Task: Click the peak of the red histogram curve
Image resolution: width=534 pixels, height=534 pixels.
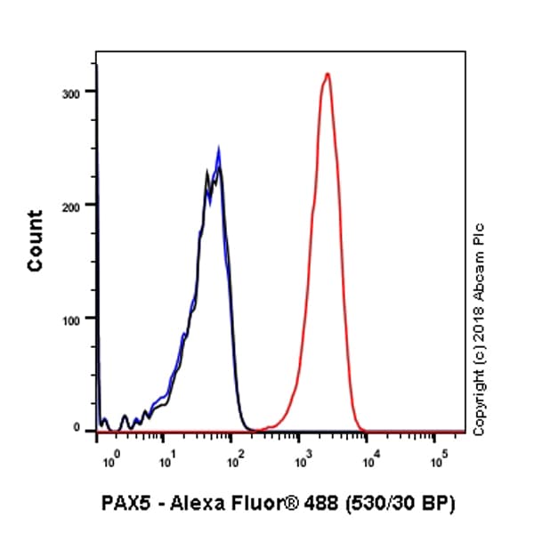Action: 328,74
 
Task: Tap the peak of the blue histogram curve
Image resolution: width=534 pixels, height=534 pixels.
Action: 218,150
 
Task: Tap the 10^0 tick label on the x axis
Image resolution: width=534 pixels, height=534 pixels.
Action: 110,462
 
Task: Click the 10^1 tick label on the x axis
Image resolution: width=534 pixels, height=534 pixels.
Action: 166,462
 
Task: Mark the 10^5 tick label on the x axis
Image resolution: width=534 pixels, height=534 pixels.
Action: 440,462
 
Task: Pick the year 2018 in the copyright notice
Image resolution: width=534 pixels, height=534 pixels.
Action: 480,325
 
